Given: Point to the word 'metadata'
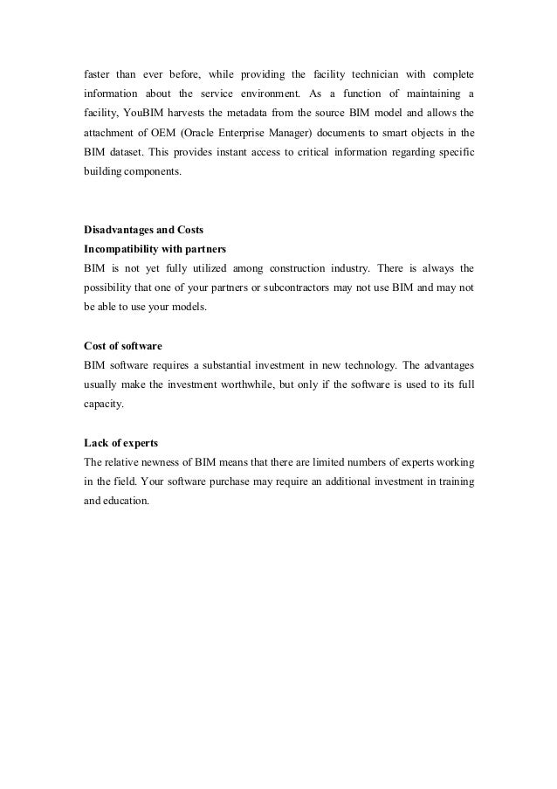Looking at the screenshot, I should click(265, 112).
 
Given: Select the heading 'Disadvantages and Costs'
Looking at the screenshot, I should click(143, 231).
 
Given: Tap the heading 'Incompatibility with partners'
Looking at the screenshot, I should click(155, 249).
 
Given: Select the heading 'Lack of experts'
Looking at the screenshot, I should click(120, 444).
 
